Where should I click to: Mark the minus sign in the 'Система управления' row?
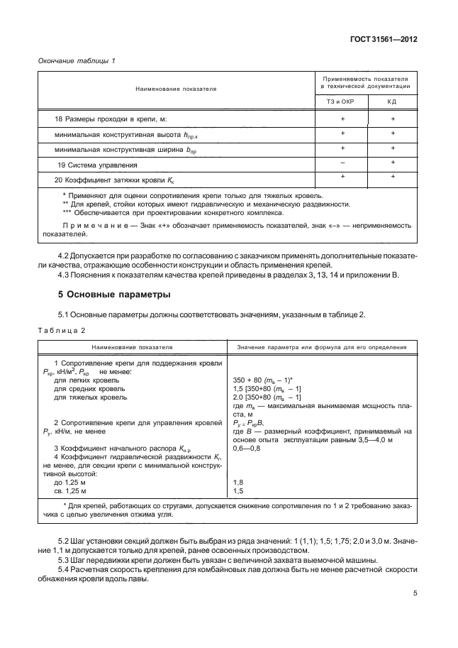coord(342,163)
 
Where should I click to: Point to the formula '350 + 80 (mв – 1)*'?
coord(263,381)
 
